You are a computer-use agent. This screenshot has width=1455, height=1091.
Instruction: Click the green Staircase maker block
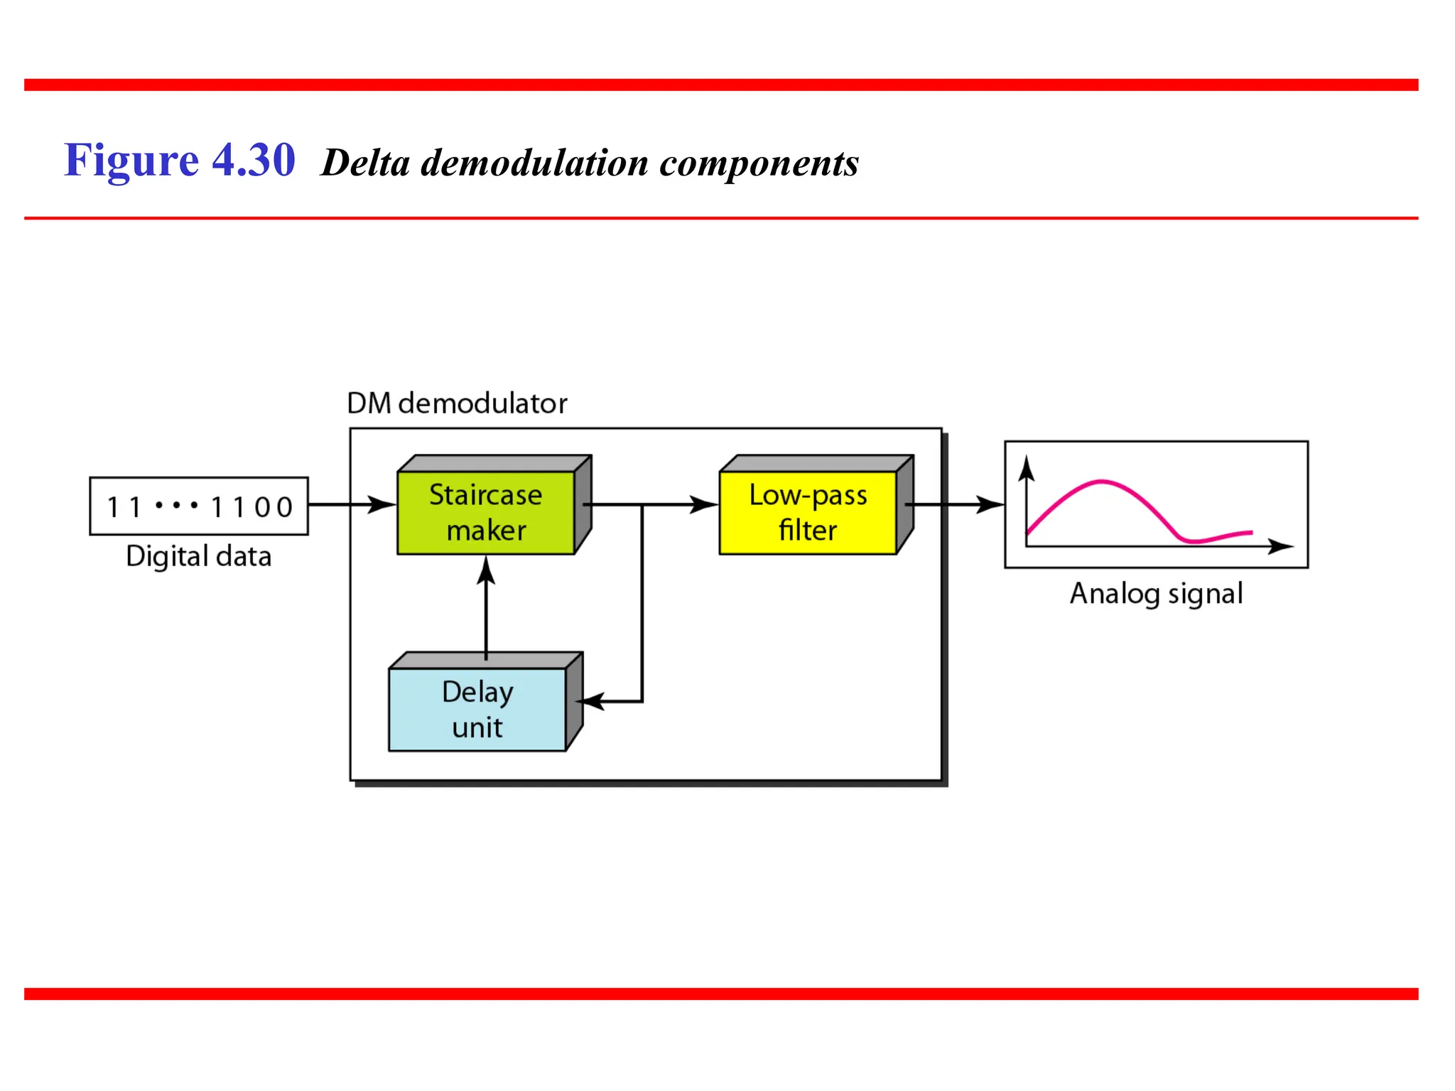coord(485,512)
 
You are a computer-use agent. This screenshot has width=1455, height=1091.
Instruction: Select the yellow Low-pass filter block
coord(808,512)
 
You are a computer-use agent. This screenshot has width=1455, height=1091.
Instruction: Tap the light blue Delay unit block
coord(477,709)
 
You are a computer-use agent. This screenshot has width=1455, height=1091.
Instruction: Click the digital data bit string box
coord(199,506)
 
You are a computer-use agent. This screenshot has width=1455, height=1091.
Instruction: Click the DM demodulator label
coord(457,403)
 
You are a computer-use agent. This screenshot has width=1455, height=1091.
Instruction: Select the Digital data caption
coord(199,556)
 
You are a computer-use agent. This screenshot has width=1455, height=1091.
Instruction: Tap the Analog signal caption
coord(1156,594)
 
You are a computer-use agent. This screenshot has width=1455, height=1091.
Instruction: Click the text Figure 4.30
coord(179,161)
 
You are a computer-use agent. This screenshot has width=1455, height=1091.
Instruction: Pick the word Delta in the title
coord(365,163)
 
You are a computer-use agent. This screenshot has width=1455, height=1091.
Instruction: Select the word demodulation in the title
coord(534,163)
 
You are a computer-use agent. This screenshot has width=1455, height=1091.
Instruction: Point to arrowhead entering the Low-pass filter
coord(705,505)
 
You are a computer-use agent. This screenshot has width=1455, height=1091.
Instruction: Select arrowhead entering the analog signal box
coord(991,505)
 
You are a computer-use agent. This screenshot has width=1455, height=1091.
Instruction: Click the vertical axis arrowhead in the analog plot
coord(1026,469)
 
